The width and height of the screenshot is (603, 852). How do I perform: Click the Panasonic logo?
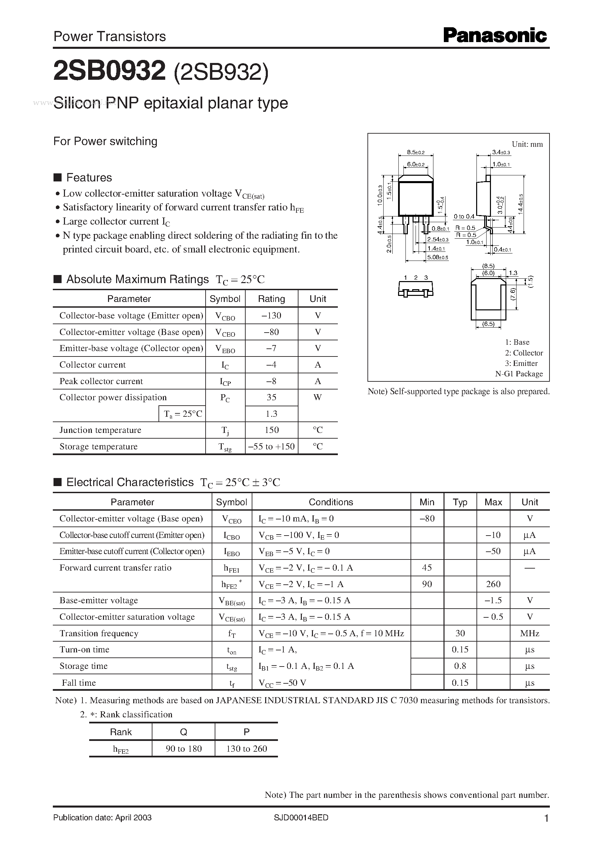coord(495,36)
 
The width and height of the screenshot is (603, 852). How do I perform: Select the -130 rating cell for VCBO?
coord(271,316)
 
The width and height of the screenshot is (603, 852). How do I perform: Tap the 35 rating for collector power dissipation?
coord(271,398)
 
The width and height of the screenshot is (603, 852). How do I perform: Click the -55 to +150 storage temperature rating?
coord(271,446)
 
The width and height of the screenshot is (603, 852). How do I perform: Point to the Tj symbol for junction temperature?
coord(225,430)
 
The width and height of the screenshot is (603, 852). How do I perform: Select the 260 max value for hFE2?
coord(493,584)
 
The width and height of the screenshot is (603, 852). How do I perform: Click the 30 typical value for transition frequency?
coord(460,633)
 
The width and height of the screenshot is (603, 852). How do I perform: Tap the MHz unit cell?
coord(530,633)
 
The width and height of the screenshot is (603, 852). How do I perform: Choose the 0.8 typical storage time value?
coord(460,666)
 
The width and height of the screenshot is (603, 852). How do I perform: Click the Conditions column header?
coord(331,502)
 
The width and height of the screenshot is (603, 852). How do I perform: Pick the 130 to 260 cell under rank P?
coord(247,749)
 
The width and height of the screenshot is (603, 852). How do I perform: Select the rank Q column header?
coord(183,732)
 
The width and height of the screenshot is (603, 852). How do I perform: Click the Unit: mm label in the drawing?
coord(527,144)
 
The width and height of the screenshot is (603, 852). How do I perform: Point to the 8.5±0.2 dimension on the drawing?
coord(416,152)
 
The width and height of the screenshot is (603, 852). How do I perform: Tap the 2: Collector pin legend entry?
coord(524,353)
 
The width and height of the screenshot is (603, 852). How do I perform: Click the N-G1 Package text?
coord(519,374)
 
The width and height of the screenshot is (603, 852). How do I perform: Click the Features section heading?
coord(89,177)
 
